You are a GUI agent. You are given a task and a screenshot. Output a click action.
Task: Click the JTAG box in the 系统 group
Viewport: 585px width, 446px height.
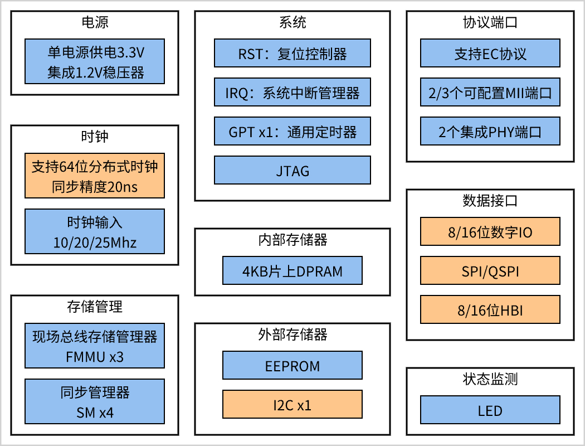click(x=292, y=170)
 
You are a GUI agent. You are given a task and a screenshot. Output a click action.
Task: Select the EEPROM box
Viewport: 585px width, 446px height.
click(x=292, y=366)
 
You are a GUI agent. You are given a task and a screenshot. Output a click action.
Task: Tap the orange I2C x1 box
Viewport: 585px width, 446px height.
click(x=292, y=405)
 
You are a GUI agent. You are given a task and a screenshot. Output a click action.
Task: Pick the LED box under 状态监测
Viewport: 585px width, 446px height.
click(x=490, y=410)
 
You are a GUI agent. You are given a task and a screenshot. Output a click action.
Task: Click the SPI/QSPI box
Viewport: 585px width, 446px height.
click(x=490, y=271)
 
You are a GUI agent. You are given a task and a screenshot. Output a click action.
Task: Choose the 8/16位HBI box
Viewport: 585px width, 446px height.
click(x=490, y=310)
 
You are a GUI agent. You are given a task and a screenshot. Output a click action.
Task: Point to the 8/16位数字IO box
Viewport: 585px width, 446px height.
click(x=490, y=231)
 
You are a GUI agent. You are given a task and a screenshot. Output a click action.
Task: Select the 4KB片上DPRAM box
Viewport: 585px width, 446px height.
click(x=292, y=271)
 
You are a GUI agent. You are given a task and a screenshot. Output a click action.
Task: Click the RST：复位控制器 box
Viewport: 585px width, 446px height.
click(x=292, y=54)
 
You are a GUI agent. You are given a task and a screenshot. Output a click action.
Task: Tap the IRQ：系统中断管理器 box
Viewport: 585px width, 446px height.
click(x=292, y=93)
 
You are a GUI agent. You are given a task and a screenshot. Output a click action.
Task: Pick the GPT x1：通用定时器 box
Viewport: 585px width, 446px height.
click(x=292, y=132)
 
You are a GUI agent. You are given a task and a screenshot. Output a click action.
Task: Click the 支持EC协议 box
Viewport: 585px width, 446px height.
click(x=490, y=54)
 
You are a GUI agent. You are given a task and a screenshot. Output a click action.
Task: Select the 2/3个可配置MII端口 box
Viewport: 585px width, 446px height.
click(x=490, y=93)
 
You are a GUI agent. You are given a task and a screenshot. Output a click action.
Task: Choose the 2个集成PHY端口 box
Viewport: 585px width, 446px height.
click(x=490, y=132)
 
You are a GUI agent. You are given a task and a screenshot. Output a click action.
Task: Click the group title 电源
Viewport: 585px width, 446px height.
click(x=95, y=22)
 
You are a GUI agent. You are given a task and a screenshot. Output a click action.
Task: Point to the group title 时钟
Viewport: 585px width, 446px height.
click(x=95, y=137)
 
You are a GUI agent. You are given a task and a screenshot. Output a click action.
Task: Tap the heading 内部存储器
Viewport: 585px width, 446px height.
click(x=292, y=240)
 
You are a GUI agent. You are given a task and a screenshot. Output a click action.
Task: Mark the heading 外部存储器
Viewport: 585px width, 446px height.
click(x=292, y=334)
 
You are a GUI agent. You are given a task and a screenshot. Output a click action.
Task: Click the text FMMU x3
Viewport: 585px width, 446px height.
click(x=95, y=357)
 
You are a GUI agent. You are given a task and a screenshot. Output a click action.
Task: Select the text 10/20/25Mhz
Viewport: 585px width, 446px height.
click(x=95, y=243)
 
